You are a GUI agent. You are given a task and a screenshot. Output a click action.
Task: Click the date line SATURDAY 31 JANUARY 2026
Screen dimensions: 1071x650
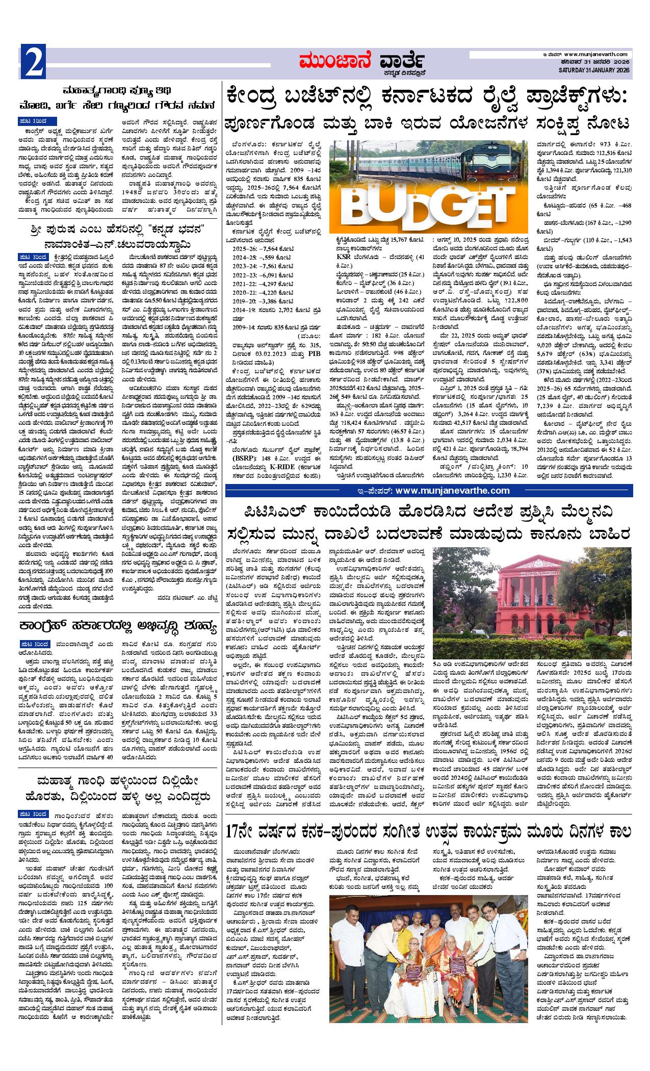coord(594,70)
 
